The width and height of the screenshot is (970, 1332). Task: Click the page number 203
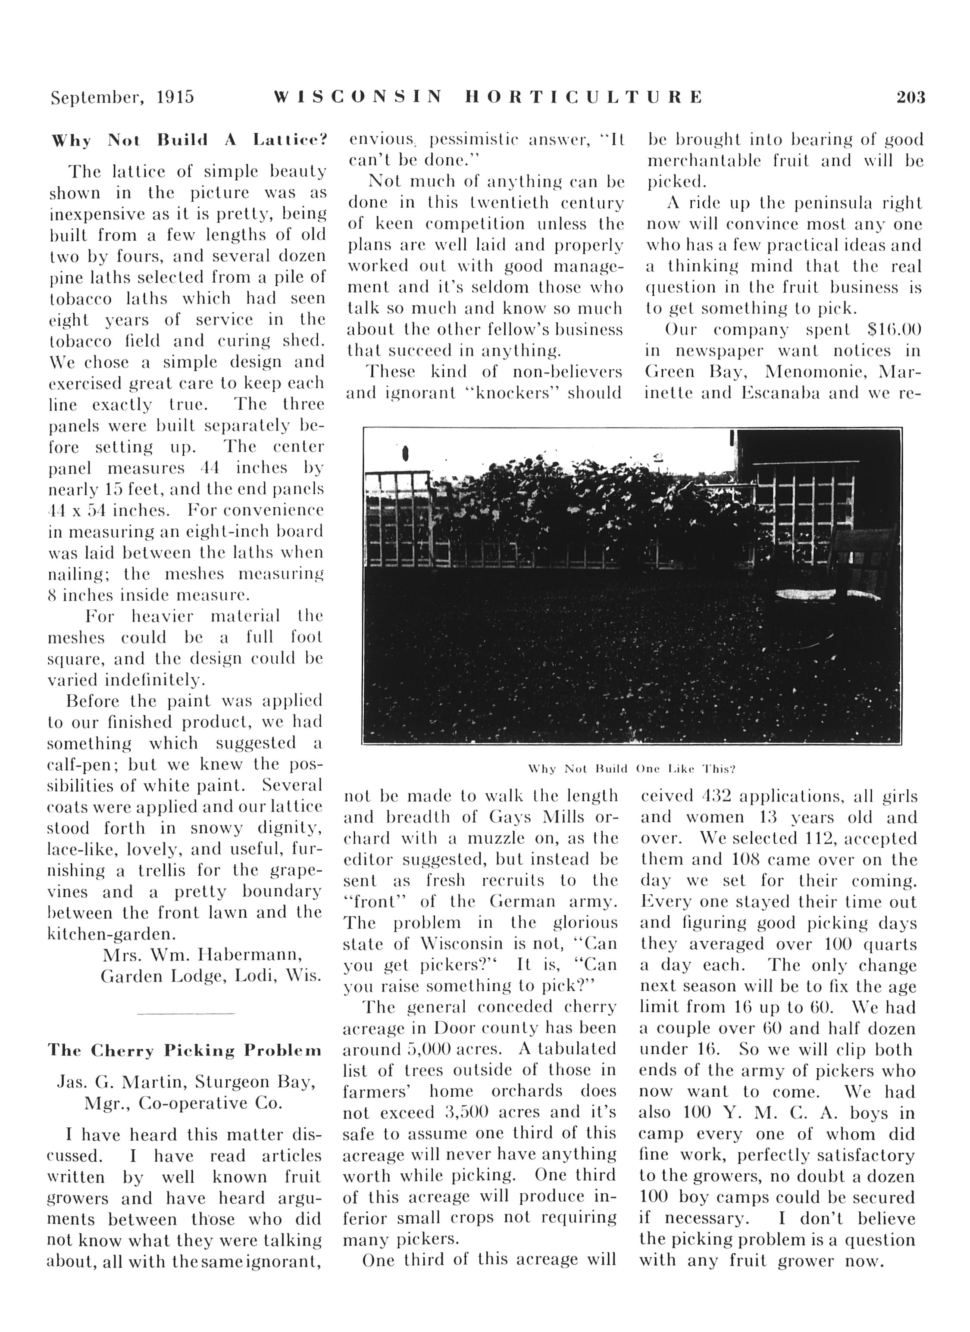910,97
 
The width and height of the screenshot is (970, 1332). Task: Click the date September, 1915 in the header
122,97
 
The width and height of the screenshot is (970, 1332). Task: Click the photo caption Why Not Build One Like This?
632,769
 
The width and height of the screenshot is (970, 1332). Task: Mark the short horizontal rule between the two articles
186,1014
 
